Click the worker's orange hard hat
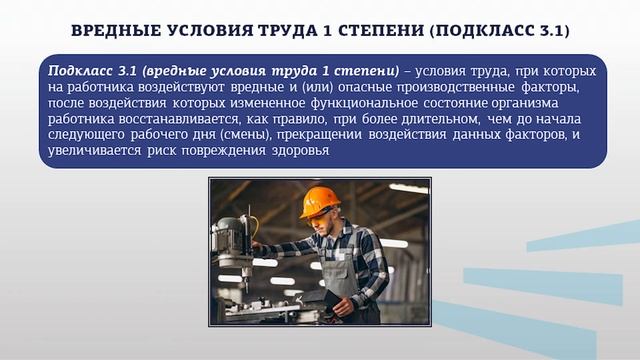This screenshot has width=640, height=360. pyautogui.click(x=319, y=201)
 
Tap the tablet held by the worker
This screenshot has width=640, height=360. pyautogui.click(x=320, y=298)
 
